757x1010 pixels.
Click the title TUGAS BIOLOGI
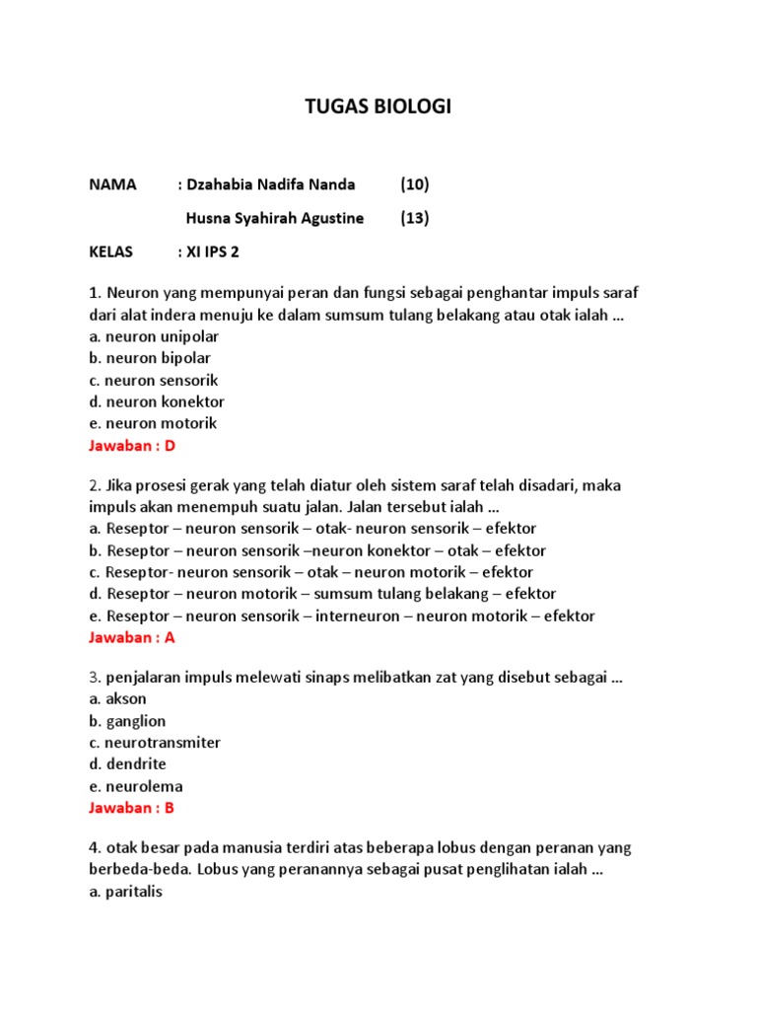pos(378,107)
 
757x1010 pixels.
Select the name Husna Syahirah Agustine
pos(275,218)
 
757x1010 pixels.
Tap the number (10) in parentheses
pos(415,184)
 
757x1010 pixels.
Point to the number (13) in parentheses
pos(415,218)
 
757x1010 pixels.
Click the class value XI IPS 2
pos(212,252)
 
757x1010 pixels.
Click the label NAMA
pos(112,184)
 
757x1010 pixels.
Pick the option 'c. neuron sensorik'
pos(154,380)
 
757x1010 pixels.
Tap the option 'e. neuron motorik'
pos(153,423)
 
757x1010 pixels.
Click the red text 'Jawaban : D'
pos(131,446)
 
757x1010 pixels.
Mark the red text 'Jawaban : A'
pos(131,637)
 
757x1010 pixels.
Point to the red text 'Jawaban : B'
pos(131,808)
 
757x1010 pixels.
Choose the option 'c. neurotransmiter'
pos(155,743)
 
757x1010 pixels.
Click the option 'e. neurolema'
pos(136,786)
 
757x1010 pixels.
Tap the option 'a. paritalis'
pos(125,893)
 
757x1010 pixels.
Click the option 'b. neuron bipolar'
pos(150,358)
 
